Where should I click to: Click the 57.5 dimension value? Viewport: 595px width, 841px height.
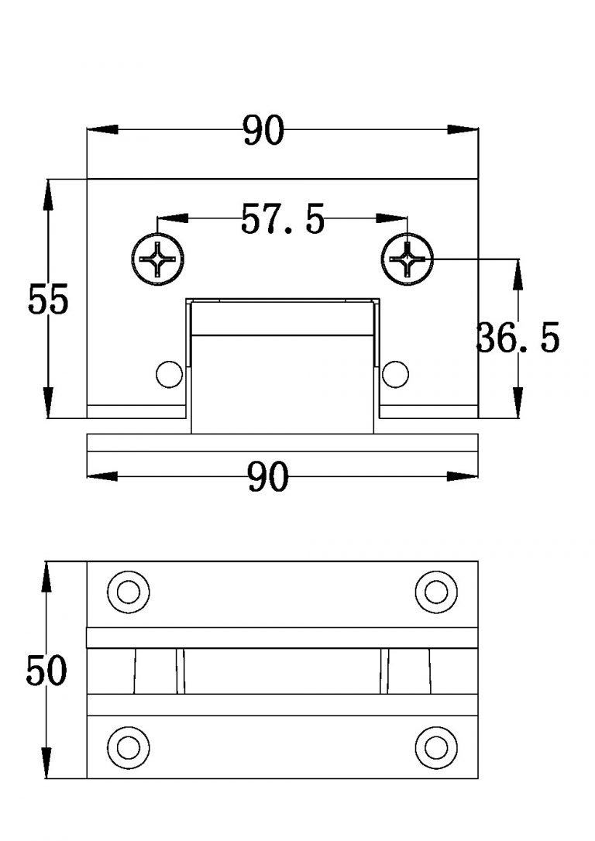pos(282,219)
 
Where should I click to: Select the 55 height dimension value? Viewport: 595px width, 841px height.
pos(48,300)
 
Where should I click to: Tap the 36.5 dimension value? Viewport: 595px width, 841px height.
pos(518,338)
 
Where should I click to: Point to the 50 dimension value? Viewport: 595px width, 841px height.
pos(46,670)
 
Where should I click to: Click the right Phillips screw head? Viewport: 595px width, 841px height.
pos(406,259)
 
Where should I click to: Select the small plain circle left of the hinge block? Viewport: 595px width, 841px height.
pos(167,374)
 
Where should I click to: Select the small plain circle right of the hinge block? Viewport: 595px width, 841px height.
pos(395,374)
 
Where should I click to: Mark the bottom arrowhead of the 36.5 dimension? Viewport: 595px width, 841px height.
pos(518,407)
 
